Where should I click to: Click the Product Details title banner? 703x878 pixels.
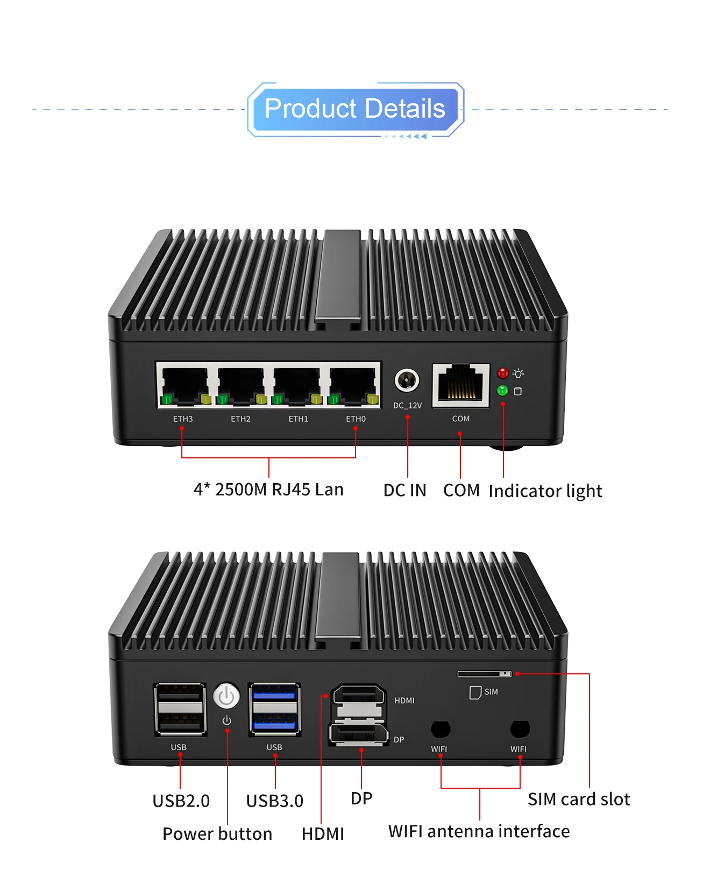click(x=355, y=109)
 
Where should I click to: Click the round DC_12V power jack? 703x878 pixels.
click(x=407, y=380)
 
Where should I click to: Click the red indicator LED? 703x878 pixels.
click(x=503, y=373)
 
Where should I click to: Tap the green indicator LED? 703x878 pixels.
click(x=502, y=390)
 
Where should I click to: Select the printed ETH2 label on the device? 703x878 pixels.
click(x=240, y=419)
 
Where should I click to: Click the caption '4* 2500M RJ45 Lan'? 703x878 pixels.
click(x=268, y=490)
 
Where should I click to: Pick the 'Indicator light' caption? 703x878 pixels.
click(x=545, y=491)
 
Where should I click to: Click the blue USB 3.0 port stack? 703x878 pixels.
click(x=274, y=709)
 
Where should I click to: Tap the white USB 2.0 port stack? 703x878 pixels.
click(x=180, y=709)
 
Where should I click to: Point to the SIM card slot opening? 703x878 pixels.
click(x=484, y=674)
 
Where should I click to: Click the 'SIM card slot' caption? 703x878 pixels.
click(x=578, y=799)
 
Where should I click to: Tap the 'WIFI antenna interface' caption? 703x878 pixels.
click(x=479, y=831)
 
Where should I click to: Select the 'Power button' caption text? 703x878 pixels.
click(x=217, y=833)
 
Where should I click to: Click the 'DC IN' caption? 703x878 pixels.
click(x=404, y=490)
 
